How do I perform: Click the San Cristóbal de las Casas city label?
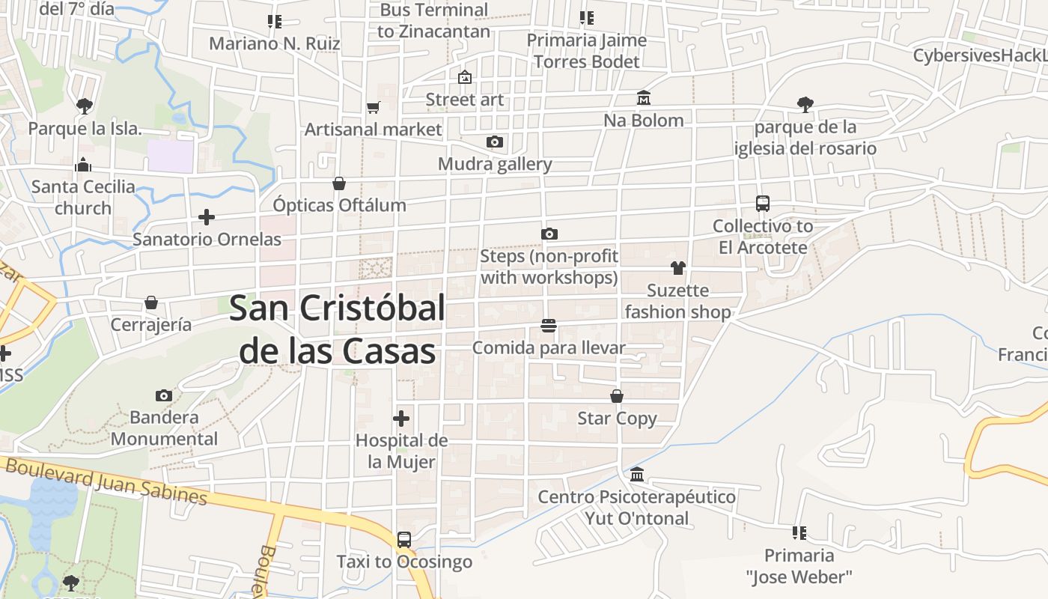tap(336, 329)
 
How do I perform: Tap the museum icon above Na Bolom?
tap(643, 98)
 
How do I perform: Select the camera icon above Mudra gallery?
tap(494, 142)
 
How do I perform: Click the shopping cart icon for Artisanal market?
tap(374, 107)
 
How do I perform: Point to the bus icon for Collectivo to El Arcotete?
tap(762, 204)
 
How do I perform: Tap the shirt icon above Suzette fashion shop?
tap(678, 268)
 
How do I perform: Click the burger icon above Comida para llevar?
tap(549, 326)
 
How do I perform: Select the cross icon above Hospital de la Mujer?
tap(401, 418)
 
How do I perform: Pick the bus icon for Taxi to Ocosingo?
tap(404, 539)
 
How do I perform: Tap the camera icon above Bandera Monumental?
tap(164, 395)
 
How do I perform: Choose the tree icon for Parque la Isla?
tap(84, 106)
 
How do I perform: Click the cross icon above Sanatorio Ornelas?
tap(207, 217)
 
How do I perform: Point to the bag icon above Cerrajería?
tap(151, 302)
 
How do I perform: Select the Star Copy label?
tap(617, 419)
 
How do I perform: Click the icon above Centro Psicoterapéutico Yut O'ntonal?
tap(637, 474)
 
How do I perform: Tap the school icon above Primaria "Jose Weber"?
tap(799, 533)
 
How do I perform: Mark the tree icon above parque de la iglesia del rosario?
tap(805, 104)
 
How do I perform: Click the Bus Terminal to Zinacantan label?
tap(433, 21)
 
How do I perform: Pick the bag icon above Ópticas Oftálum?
tap(339, 183)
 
